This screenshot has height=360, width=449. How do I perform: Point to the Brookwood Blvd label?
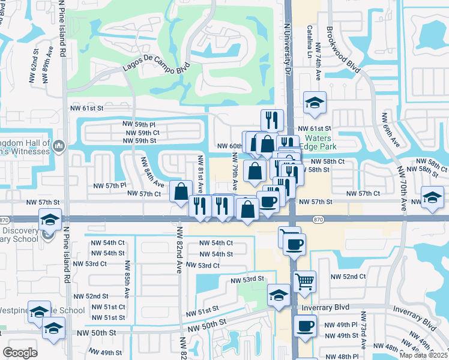pos(343,49)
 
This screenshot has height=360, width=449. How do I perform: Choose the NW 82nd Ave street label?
pos(178,250)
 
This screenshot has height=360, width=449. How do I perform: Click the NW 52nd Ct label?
pos(348,277)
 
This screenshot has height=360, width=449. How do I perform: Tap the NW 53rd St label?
pos(247,279)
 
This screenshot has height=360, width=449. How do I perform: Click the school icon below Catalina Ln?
pos(314,102)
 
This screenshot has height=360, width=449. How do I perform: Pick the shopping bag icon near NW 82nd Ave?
pos(181,192)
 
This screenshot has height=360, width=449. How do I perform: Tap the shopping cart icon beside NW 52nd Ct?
pos(304,280)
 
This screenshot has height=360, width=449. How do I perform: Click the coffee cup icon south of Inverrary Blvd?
pos(305,326)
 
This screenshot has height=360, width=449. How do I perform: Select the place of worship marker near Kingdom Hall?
pos(58,146)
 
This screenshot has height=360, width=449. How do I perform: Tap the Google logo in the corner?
pos(20,352)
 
